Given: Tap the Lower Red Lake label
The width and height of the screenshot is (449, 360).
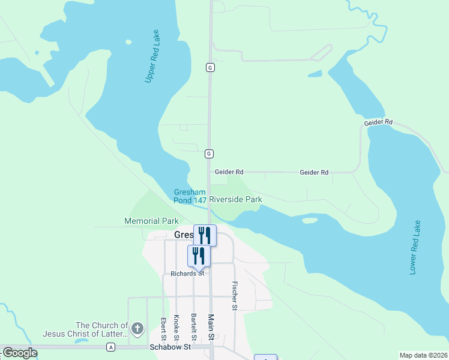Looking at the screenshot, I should pos(414,247).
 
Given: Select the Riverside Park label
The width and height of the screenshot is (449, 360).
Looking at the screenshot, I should pos(235,199).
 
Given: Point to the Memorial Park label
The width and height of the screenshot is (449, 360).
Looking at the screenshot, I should pos(152,221).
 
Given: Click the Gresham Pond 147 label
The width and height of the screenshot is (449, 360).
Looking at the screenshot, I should pos(190,196).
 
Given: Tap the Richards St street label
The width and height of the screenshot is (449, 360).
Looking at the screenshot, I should pos(187,273).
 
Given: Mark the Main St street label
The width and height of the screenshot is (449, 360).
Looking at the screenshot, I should pos(211,328).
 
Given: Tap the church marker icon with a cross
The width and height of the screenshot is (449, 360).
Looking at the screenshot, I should pos(137,329).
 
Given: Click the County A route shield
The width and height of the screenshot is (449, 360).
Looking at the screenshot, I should pos(110,347).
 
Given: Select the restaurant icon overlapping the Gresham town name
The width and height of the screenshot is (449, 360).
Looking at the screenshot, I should pos(205,235).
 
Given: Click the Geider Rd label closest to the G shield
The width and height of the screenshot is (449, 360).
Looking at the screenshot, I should pos(229,172).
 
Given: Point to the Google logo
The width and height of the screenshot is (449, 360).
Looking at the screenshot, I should pos(20,353).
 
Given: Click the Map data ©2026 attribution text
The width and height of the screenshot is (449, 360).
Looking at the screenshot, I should pos(423,355).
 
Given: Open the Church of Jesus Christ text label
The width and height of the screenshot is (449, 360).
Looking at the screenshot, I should pos(85,329).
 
